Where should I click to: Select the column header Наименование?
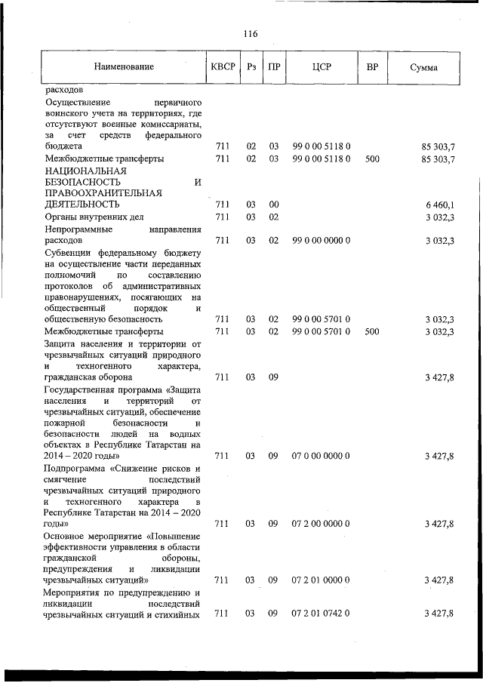pos(124,67)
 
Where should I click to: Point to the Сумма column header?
pos(425,67)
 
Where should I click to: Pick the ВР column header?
pos(372,67)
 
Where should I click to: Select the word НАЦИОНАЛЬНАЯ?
pos(85,171)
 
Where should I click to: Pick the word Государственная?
pos(82,388)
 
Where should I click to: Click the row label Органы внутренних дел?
pos(94,217)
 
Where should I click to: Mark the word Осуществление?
pos(78,100)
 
